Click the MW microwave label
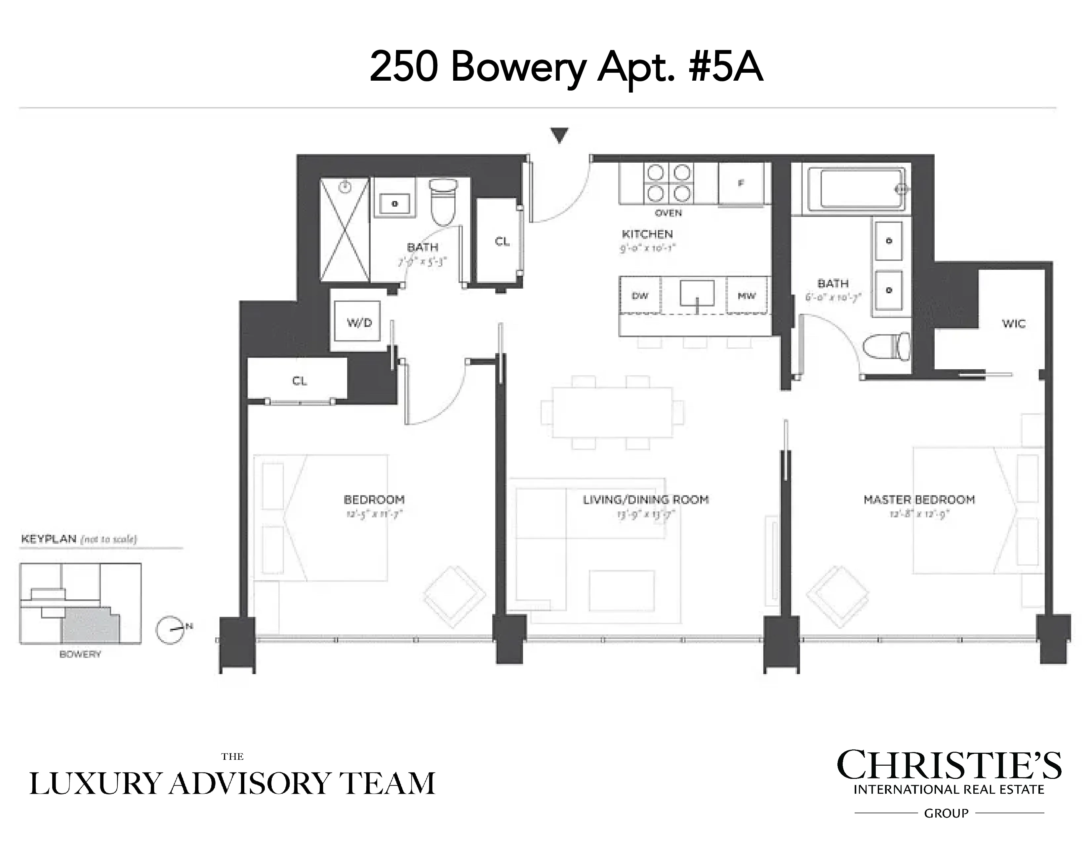[746, 296]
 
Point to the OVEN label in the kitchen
[668, 213]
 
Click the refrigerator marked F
[741, 183]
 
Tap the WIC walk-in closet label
[1014, 324]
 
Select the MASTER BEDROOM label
[919, 500]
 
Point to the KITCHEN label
[647, 234]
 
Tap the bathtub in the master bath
[855, 189]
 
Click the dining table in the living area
[612, 413]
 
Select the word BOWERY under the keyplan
[80, 654]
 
